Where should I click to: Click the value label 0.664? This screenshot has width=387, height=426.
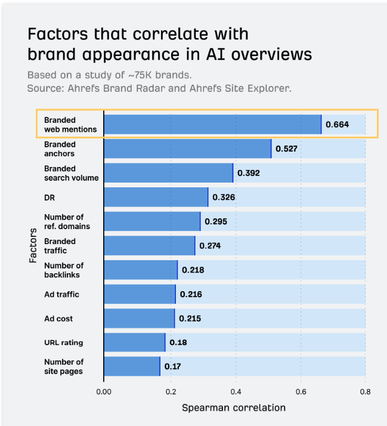337,125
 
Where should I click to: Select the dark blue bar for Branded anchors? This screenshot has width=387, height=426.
187,149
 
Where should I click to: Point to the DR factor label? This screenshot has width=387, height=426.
49,197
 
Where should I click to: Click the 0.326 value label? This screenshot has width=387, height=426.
224,197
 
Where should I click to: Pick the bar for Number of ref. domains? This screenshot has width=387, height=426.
152,221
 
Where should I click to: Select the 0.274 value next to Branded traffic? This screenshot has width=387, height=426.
210,245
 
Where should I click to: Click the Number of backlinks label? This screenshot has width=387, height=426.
63,270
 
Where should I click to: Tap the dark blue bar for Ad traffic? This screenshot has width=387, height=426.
140,294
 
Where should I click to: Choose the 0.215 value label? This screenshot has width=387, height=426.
190,319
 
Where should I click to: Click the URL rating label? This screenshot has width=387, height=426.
63,342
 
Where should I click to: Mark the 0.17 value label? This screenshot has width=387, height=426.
172,366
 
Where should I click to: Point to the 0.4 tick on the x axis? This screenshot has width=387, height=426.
236,392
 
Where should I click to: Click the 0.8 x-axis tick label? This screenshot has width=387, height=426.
366,392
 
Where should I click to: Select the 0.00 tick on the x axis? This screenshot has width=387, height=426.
104,392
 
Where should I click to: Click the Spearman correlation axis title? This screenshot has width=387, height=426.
234,408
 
